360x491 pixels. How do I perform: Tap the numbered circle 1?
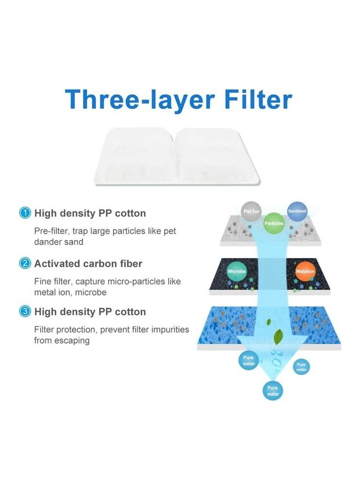25,213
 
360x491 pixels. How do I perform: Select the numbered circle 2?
25,264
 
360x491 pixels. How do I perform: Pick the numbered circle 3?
25,312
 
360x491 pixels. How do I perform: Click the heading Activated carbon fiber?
88,264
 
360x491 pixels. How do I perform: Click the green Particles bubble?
273,224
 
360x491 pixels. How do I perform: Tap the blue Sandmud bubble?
298,211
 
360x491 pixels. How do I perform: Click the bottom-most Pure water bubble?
273,390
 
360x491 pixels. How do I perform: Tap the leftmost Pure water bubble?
249,361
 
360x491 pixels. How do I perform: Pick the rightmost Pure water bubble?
301,367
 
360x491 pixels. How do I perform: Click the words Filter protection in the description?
64,330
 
